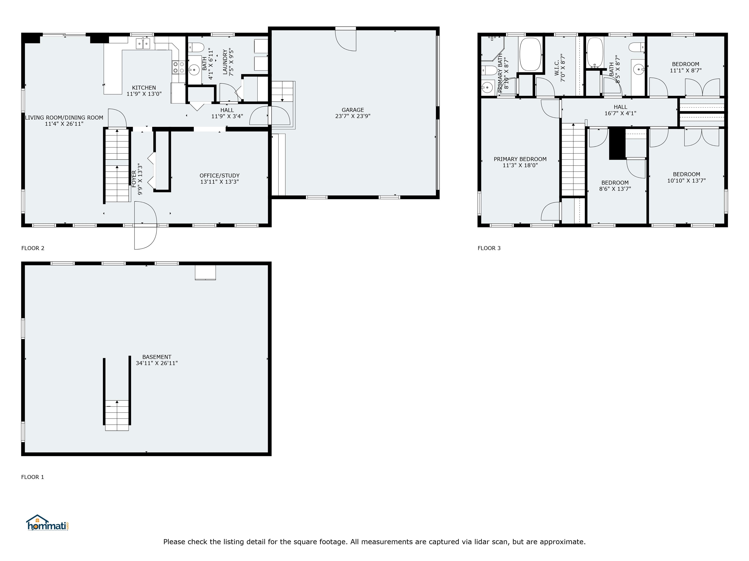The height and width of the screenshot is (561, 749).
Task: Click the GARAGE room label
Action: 353,110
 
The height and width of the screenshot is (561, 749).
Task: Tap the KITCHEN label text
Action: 144,88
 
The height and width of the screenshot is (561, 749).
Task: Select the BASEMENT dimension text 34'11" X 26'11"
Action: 157,363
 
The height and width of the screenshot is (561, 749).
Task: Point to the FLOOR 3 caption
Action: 489,248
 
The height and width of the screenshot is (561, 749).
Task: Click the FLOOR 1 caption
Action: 32,477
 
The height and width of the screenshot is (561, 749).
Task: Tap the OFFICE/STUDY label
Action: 219,176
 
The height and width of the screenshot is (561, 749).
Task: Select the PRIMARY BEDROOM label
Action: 520,159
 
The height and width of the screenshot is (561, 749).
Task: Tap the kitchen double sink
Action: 143,44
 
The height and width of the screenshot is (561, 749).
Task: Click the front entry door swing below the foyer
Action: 146,225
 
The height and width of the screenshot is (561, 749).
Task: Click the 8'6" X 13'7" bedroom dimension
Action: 615,189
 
